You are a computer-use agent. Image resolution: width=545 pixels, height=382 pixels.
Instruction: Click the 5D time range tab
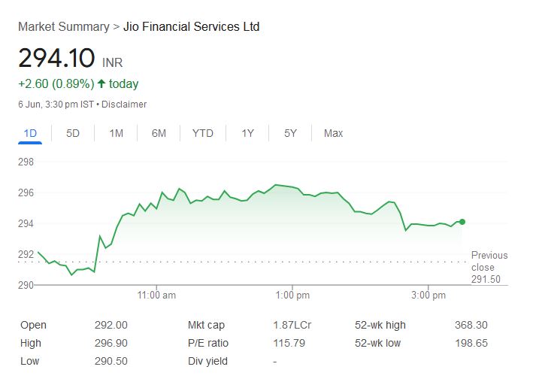click(73, 133)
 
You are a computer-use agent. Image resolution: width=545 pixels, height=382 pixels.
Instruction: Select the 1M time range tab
click(116, 133)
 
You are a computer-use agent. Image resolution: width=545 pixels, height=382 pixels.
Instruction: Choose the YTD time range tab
click(202, 133)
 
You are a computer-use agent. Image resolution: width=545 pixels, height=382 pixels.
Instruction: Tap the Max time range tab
click(333, 133)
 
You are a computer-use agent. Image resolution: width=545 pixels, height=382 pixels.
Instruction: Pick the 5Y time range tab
click(290, 133)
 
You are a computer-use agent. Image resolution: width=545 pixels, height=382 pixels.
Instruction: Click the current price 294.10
click(56, 58)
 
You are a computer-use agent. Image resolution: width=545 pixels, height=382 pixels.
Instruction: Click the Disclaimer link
click(124, 105)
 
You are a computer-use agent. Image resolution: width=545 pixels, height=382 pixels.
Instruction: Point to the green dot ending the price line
click(462, 222)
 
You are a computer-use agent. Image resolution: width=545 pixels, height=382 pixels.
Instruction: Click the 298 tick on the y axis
click(26, 162)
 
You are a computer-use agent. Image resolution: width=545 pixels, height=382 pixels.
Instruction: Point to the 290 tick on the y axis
click(26, 285)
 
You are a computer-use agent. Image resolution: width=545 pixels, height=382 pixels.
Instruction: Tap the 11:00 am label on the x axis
click(158, 296)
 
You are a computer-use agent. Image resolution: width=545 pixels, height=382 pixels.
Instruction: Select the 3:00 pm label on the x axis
click(429, 296)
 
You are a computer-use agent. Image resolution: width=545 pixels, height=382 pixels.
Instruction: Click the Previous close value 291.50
click(486, 280)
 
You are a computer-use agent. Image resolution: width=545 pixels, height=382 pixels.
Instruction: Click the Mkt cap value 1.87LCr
click(290, 325)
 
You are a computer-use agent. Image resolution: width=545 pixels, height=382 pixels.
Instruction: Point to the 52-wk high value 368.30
click(472, 325)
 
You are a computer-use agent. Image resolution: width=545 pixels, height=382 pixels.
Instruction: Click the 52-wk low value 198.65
click(472, 343)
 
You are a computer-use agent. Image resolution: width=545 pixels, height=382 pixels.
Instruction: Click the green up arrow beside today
click(101, 83)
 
